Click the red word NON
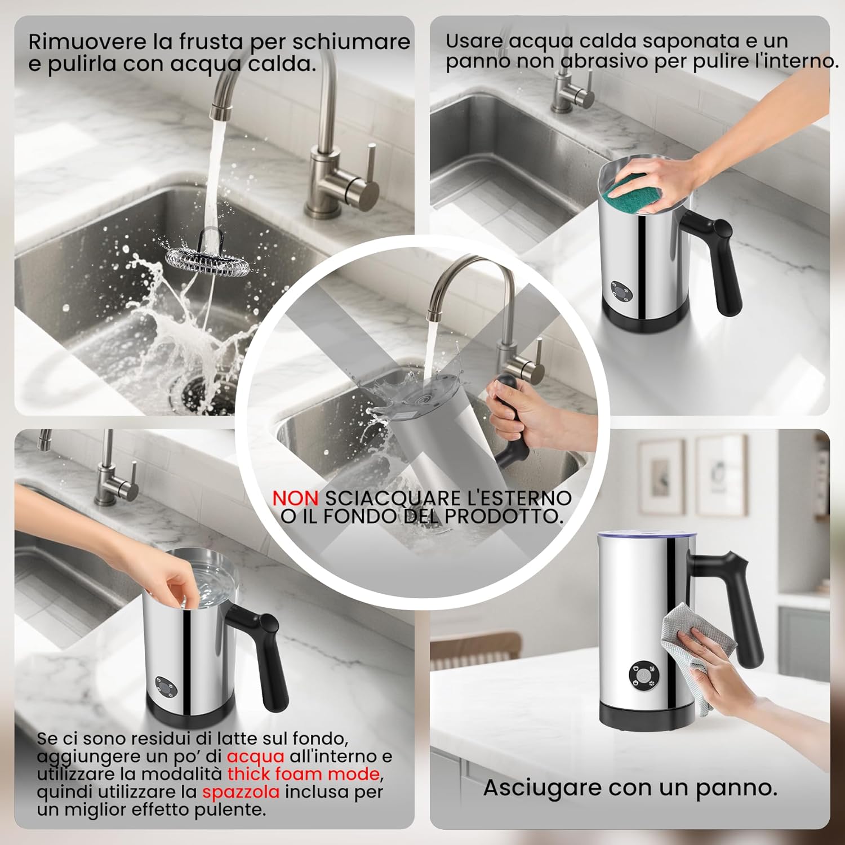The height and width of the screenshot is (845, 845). (x=295, y=498)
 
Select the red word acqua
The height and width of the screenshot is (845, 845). (x=255, y=756)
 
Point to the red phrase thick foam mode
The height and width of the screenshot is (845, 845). (x=303, y=774)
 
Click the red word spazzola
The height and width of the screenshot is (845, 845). (x=241, y=792)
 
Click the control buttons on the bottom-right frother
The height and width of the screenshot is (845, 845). (x=643, y=673)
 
